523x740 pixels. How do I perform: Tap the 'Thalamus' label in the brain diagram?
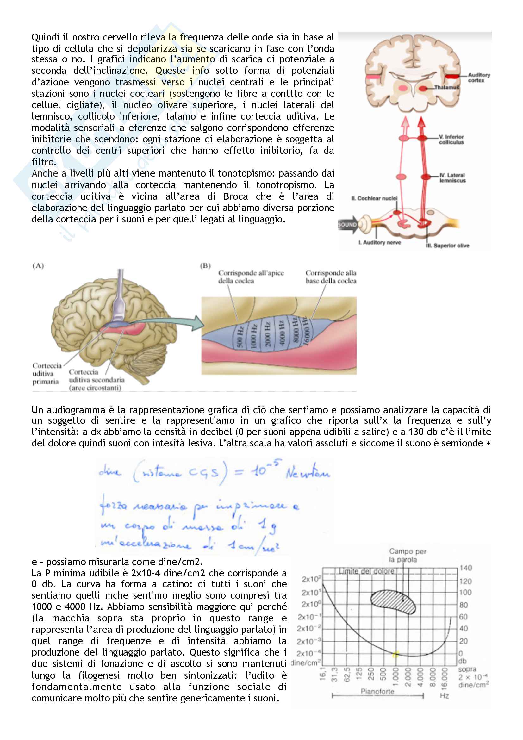point(446,87)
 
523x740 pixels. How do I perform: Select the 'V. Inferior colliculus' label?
point(451,139)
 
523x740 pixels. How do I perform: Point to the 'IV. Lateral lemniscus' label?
point(452,177)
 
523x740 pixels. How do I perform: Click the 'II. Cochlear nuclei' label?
point(374,198)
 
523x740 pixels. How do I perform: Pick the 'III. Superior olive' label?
point(448,246)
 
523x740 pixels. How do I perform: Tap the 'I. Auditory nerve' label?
point(380,242)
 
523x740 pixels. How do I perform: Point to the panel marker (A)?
point(38,266)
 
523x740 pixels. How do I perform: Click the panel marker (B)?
point(205,266)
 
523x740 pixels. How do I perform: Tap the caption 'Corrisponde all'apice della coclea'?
point(251,277)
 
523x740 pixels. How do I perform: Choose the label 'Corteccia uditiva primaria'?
point(46,374)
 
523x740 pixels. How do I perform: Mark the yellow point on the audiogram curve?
point(395,654)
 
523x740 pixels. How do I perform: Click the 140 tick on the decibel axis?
point(465,568)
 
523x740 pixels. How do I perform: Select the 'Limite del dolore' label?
point(366,571)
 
